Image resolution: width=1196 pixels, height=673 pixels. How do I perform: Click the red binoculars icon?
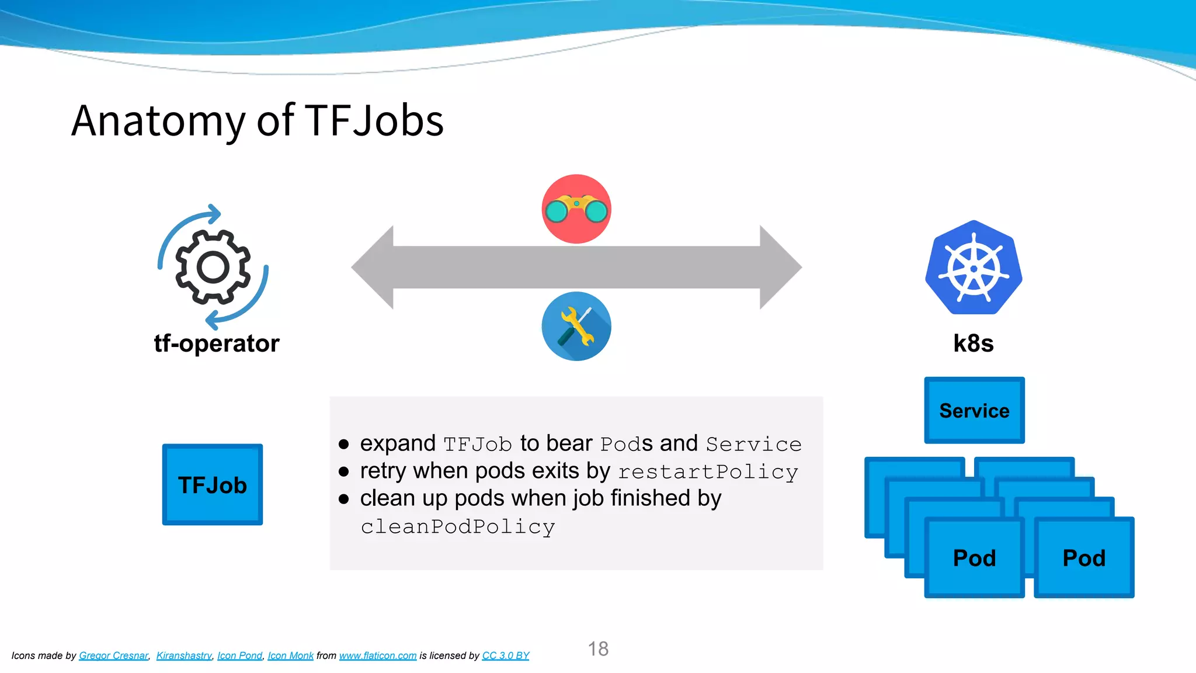coord(576,209)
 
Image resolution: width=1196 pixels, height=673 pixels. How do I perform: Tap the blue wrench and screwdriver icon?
coord(576,326)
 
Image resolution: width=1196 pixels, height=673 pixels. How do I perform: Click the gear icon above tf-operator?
coord(213,268)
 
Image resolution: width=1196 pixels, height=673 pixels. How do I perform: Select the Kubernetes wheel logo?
coord(974,268)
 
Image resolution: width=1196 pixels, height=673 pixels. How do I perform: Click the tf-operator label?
coord(217,344)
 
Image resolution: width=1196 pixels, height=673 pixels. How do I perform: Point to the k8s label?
coord(974,344)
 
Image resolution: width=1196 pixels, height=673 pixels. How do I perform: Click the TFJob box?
coord(213,485)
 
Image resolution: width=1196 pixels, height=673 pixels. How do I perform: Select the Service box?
coord(974,411)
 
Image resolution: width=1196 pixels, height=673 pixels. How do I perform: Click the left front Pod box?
coord(974,558)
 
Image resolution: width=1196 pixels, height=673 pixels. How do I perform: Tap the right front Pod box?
coord(1084,558)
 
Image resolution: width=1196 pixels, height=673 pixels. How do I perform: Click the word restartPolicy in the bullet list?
coord(708,472)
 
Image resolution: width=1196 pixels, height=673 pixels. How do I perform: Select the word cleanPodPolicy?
coord(458,527)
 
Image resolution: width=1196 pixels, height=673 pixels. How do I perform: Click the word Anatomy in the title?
coord(158,122)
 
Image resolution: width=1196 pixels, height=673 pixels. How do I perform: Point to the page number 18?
coord(598,648)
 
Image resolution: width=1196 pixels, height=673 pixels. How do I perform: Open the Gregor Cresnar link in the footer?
coord(114,655)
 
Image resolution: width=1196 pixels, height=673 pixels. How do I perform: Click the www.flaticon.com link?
coord(378,655)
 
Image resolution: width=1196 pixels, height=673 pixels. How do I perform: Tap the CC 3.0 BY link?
coord(506,655)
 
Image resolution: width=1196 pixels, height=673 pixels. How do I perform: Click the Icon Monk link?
coord(291,655)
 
